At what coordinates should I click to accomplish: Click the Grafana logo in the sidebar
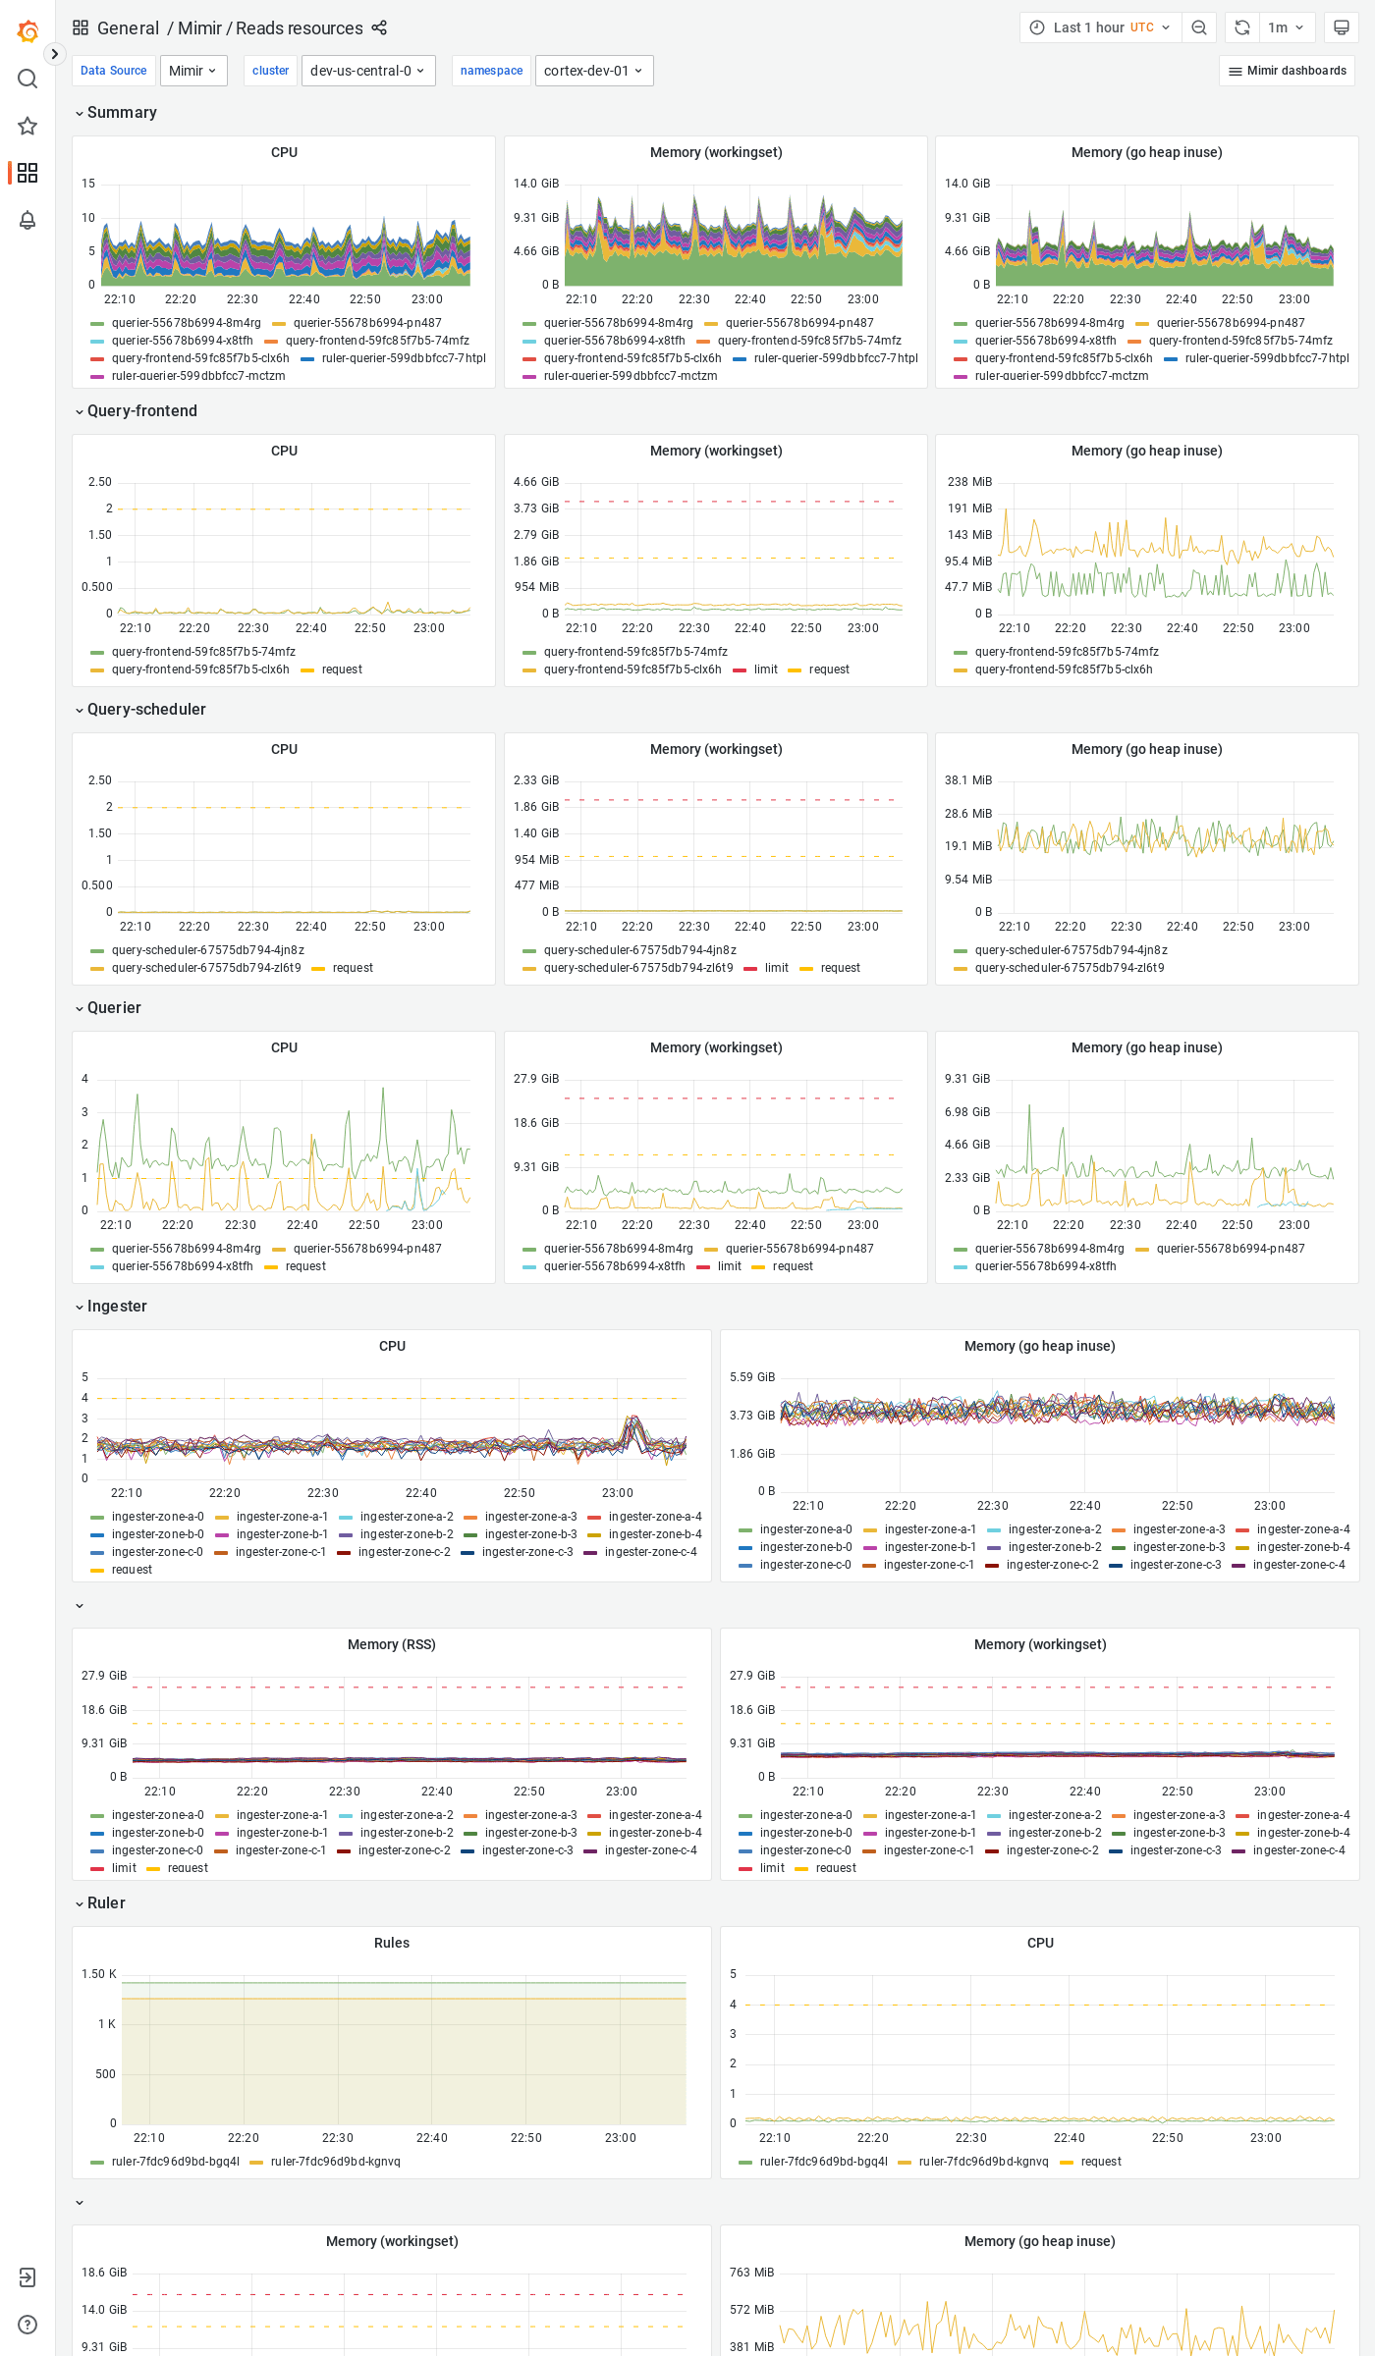click(x=27, y=31)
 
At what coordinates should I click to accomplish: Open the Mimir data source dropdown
click(x=192, y=71)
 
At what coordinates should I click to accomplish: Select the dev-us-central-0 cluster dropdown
click(x=367, y=71)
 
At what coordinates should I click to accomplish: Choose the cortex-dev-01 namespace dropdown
click(x=593, y=71)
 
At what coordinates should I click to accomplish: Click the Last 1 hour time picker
click(x=1099, y=27)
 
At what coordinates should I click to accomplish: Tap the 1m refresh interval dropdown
click(x=1285, y=27)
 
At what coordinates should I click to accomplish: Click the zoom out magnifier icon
click(x=1198, y=27)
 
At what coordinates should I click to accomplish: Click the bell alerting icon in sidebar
click(x=27, y=220)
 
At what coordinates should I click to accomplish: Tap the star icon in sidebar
click(x=27, y=126)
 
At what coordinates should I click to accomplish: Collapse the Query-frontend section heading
click(x=141, y=410)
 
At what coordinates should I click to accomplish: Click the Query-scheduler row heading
click(x=145, y=709)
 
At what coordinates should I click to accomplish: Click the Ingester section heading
click(x=116, y=1306)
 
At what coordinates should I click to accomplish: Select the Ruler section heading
click(x=105, y=1902)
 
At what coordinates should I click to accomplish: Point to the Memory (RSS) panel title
click(x=391, y=1644)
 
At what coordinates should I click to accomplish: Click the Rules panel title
click(x=391, y=1943)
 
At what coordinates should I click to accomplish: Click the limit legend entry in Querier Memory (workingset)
click(x=729, y=1266)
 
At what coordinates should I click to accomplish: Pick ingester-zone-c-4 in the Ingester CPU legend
click(x=650, y=1552)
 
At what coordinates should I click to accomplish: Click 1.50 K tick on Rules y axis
click(x=98, y=1974)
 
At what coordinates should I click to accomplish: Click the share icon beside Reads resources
click(x=379, y=28)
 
